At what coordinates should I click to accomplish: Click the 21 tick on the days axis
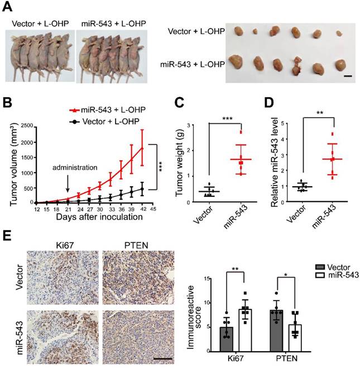coord(68,210)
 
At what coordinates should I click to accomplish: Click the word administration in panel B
coord(66,166)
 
